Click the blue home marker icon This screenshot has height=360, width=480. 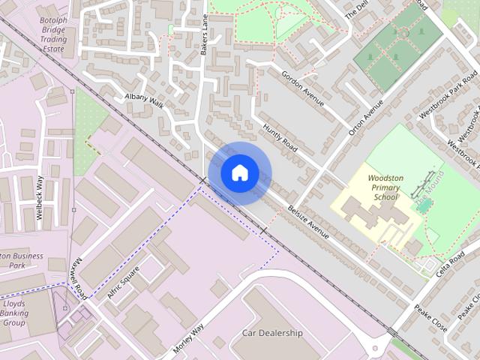(239, 172)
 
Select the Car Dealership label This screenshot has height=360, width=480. (271, 333)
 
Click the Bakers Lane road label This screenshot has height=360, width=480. (203, 38)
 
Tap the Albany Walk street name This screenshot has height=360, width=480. (144, 100)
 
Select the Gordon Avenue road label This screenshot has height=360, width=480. (303, 88)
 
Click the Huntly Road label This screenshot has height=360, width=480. (280, 139)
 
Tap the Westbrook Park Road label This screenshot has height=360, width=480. (449, 98)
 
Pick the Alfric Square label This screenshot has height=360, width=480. (123, 283)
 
